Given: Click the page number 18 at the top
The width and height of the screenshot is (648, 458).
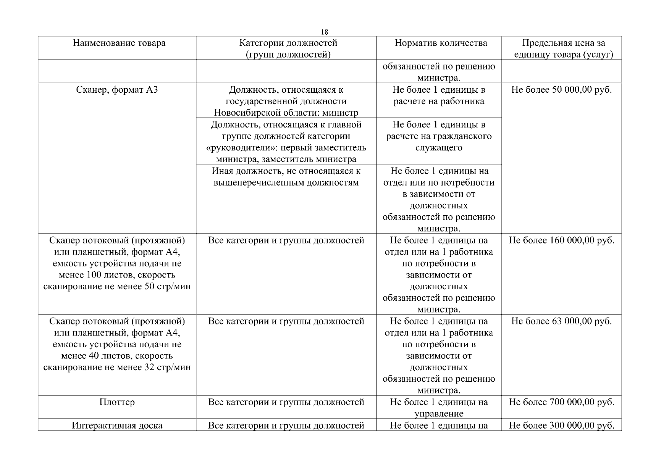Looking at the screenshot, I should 325,32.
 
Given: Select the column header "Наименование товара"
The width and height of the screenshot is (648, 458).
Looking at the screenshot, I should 119,43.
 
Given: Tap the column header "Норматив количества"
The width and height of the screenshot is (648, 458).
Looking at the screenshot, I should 441,43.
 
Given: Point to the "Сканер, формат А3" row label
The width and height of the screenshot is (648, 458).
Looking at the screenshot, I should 117,90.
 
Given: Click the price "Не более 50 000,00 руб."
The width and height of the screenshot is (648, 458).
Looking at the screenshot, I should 561,90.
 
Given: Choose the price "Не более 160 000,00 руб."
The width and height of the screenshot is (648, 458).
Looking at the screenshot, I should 561,240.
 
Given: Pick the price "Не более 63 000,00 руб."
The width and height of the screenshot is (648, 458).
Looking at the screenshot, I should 561,321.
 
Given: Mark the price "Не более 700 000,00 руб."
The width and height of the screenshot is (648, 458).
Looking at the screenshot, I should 561,402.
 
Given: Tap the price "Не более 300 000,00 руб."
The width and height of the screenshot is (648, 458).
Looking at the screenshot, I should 561,426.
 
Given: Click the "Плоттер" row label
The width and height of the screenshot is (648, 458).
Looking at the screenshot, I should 117,402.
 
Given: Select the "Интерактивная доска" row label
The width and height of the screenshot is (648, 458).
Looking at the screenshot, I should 117,426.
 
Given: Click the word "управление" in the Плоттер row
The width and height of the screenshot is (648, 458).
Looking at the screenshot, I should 439,414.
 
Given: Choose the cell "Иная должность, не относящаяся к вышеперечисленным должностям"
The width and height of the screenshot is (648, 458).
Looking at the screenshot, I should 286,177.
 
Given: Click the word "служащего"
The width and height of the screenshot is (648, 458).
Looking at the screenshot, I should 439,148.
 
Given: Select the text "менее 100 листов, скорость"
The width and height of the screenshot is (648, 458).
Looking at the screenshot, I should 117,275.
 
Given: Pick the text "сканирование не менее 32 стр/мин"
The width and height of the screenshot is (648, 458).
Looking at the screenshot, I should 117,368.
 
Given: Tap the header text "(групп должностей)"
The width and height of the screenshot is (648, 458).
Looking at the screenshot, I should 288,55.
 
